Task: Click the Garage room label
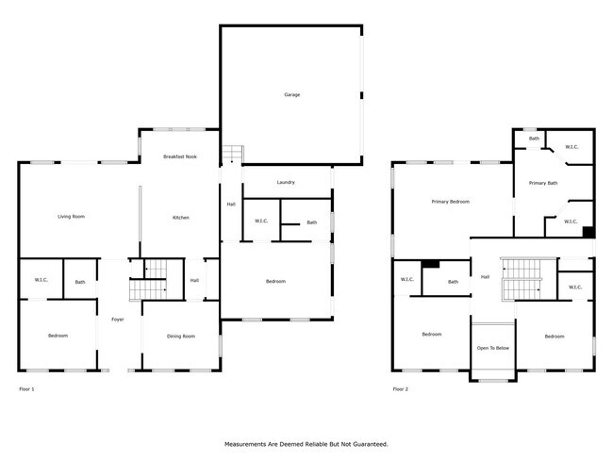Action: click(292, 94)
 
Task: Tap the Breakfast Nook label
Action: click(179, 156)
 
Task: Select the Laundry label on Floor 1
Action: click(286, 182)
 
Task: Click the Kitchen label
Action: click(180, 218)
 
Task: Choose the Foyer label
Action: click(118, 319)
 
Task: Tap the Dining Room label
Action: click(180, 337)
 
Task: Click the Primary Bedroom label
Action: click(451, 202)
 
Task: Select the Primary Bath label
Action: click(543, 183)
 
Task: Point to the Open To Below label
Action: click(493, 349)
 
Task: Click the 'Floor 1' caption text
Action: click(27, 388)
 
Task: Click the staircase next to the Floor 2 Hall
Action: click(518, 279)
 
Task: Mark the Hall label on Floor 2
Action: click(485, 277)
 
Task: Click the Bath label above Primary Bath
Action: click(534, 139)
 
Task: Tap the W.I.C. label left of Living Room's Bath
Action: click(41, 280)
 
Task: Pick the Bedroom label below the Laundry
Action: click(275, 281)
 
